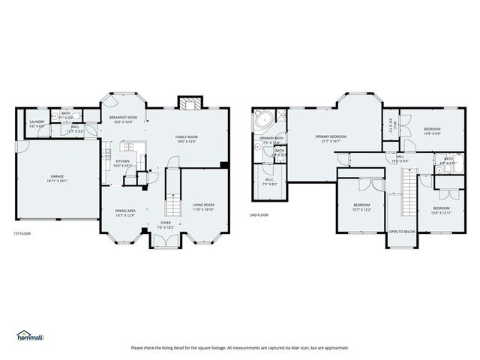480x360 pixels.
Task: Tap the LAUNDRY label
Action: [37, 121]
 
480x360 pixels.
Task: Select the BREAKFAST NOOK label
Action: [122, 117]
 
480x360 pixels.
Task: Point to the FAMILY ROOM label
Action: [186, 136]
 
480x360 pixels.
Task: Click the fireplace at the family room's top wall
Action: [187, 102]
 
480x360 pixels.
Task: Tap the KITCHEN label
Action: [122, 161]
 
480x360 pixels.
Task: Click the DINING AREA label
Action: [125, 211]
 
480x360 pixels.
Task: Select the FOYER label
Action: [166, 223]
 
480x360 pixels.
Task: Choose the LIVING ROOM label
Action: [204, 205]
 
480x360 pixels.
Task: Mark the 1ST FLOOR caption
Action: [22, 235]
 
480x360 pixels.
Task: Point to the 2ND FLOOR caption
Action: [259, 214]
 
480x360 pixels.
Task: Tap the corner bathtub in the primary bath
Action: [263, 120]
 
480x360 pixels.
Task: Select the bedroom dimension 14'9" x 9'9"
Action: [432, 133]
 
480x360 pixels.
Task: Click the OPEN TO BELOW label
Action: [402, 232]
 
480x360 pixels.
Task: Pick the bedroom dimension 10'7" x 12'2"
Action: [362, 209]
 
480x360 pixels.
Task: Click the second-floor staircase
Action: [409, 190]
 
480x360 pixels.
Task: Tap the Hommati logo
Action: [30, 335]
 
